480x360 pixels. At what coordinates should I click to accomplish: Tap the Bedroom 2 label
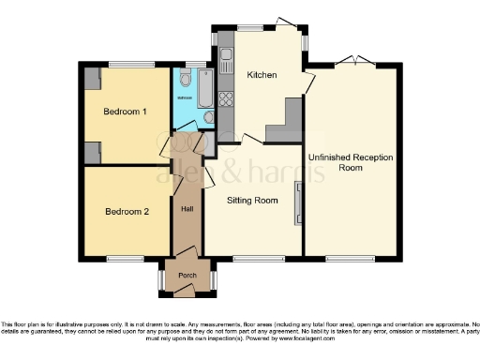[126, 211]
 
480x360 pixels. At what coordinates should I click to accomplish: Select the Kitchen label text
[261, 74]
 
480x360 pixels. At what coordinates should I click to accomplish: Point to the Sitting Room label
[253, 200]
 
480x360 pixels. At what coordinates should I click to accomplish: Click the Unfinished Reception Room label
[350, 161]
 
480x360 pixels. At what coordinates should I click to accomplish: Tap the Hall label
[187, 208]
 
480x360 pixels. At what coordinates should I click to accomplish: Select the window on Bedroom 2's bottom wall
[124, 258]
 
